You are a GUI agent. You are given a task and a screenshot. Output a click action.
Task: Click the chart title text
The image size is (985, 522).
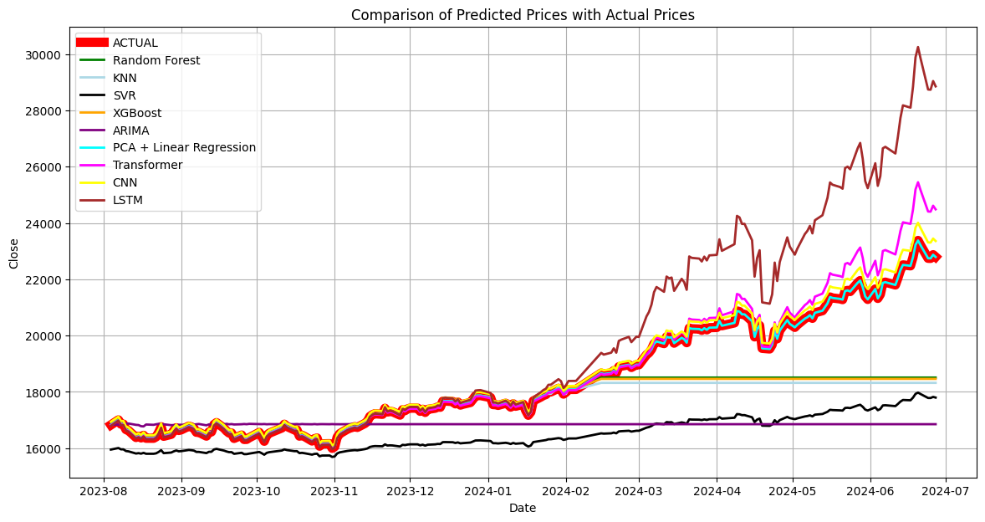click(523, 15)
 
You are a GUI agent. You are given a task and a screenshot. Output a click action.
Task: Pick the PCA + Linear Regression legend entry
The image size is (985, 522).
click(184, 147)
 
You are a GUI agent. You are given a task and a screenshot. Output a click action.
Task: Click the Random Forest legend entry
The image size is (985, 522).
click(156, 60)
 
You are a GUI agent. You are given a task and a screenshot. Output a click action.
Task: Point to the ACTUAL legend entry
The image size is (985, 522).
click(135, 43)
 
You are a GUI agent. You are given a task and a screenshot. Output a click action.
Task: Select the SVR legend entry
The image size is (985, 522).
click(124, 95)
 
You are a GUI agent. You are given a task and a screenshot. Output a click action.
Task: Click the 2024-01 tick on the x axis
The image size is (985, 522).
click(488, 489)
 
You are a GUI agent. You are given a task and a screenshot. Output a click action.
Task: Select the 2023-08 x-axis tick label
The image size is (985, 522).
click(104, 489)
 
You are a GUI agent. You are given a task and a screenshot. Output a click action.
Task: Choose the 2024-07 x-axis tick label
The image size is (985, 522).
click(946, 489)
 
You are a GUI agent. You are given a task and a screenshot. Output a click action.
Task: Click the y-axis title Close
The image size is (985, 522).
click(13, 253)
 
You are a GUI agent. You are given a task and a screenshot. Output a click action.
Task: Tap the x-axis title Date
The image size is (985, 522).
click(523, 508)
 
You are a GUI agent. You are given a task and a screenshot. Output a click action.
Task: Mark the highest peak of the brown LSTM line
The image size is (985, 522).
click(917, 47)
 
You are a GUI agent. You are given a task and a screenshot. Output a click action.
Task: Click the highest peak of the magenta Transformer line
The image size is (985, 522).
click(917, 182)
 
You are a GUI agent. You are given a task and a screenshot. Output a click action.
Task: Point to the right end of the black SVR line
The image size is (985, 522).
click(936, 397)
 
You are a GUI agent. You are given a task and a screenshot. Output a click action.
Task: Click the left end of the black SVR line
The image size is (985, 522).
click(110, 450)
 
